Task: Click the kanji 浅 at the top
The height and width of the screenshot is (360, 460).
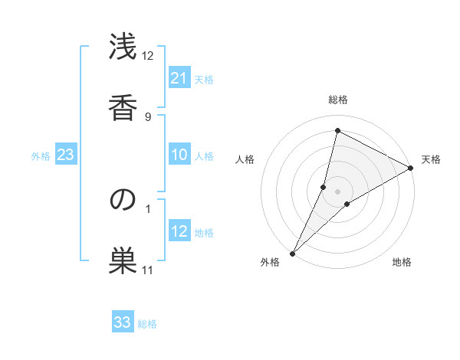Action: pyautogui.click(x=123, y=49)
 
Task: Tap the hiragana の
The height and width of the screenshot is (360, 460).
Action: pyautogui.click(x=123, y=200)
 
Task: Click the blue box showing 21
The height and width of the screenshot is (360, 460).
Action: pyautogui.click(x=179, y=77)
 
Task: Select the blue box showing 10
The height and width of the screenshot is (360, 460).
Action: pyautogui.click(x=179, y=155)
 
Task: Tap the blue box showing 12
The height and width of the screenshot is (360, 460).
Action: pyautogui.click(x=179, y=231)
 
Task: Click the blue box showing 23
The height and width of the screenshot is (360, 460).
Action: pyautogui.click(x=65, y=155)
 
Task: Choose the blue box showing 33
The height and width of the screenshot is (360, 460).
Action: pyautogui.click(x=123, y=322)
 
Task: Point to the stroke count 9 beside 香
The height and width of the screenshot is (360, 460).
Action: pyautogui.click(x=148, y=116)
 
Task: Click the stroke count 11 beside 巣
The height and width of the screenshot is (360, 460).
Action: pyautogui.click(x=148, y=270)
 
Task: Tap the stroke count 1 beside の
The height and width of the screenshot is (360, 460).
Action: pyautogui.click(x=148, y=208)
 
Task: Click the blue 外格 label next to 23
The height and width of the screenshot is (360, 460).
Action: pyautogui.click(x=41, y=156)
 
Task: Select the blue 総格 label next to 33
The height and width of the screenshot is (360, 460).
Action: pyautogui.click(x=147, y=324)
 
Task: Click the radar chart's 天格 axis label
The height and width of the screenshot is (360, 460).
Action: pyautogui.click(x=431, y=159)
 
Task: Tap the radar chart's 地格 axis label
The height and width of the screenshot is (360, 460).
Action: pyautogui.click(x=402, y=262)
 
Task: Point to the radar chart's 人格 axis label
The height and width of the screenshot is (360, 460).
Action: pyautogui.click(x=245, y=159)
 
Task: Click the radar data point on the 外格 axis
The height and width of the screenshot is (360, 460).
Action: pyautogui.click(x=292, y=253)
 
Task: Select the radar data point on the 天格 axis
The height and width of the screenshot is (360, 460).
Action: pyautogui.click(x=411, y=168)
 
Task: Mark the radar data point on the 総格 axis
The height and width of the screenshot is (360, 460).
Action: pyautogui.click(x=337, y=130)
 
